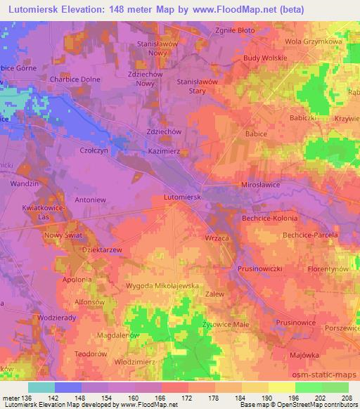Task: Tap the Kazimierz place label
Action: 165,151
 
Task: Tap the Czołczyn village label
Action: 94,150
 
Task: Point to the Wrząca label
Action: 217,238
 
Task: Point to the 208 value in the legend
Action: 349,398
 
